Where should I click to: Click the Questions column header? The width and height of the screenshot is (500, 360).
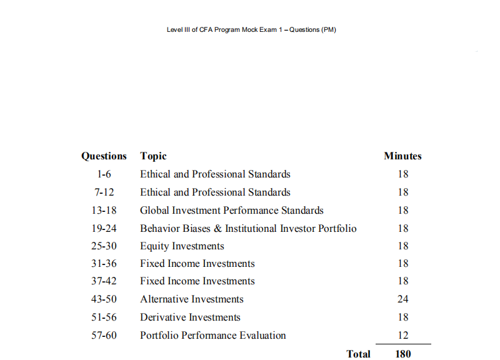click(104, 156)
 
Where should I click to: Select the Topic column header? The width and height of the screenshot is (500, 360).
click(153, 156)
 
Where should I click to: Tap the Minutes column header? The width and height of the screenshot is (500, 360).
click(402, 156)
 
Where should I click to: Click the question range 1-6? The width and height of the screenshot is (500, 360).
click(104, 174)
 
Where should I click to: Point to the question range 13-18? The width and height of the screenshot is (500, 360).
click(104, 211)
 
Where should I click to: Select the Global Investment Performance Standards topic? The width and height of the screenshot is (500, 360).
click(231, 211)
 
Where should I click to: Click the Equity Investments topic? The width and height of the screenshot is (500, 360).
click(182, 246)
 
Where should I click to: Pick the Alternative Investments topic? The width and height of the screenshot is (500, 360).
click(191, 299)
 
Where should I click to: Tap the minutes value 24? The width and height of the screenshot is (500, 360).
click(402, 299)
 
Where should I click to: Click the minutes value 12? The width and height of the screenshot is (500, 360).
click(402, 336)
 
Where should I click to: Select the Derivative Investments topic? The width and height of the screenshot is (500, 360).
click(190, 317)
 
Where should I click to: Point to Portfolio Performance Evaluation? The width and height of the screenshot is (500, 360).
click(212, 336)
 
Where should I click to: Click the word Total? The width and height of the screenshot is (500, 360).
click(358, 354)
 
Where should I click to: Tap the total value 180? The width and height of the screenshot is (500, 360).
click(403, 354)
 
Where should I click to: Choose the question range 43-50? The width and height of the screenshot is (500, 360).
click(104, 299)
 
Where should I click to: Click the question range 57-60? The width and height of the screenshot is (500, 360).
click(104, 336)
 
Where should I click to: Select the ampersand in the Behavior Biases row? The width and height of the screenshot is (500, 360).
click(217, 229)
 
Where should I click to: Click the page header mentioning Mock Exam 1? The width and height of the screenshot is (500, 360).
click(251, 30)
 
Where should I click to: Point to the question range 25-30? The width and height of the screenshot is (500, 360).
click(104, 246)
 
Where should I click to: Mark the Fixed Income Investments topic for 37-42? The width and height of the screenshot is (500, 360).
click(197, 281)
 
